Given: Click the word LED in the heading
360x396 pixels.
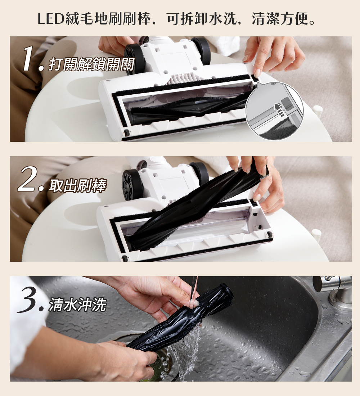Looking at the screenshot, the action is (50, 19).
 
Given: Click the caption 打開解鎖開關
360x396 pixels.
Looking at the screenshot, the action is (91, 64).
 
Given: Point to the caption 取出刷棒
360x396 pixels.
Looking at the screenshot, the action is (77, 186).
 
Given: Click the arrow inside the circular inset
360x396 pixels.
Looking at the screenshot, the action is (278, 109).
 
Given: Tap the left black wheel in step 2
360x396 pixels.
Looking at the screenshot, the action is (131, 184).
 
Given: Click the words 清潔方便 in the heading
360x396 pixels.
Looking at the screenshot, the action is (280, 19).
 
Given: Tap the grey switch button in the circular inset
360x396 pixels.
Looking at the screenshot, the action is (286, 103).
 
